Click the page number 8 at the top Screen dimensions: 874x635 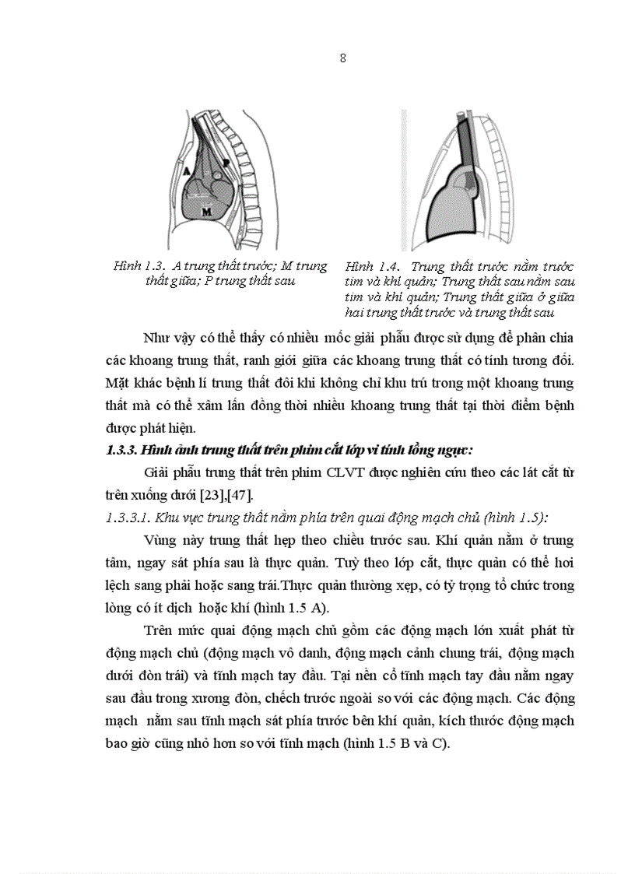pos(342,58)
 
